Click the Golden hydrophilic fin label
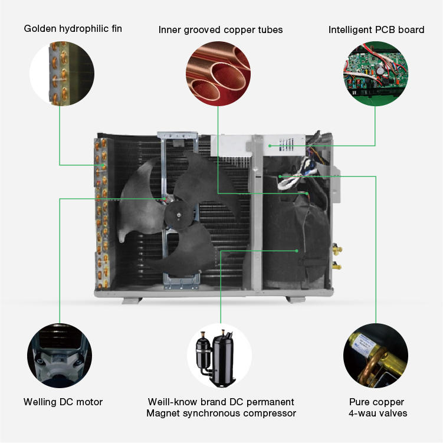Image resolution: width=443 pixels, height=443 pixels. pyautogui.click(x=73, y=28)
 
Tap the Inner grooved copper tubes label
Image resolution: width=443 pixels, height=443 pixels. pyautogui.click(x=221, y=29)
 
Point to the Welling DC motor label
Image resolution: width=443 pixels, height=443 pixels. pyautogui.click(x=63, y=402)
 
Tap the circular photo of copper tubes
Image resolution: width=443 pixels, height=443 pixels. pyautogui.click(x=218, y=72)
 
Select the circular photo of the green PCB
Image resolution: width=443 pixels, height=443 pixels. pyautogui.click(x=375, y=72)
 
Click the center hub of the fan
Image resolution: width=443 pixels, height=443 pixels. pyautogui.click(x=175, y=208)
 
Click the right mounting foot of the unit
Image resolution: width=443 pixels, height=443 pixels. pyautogui.click(x=295, y=299)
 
